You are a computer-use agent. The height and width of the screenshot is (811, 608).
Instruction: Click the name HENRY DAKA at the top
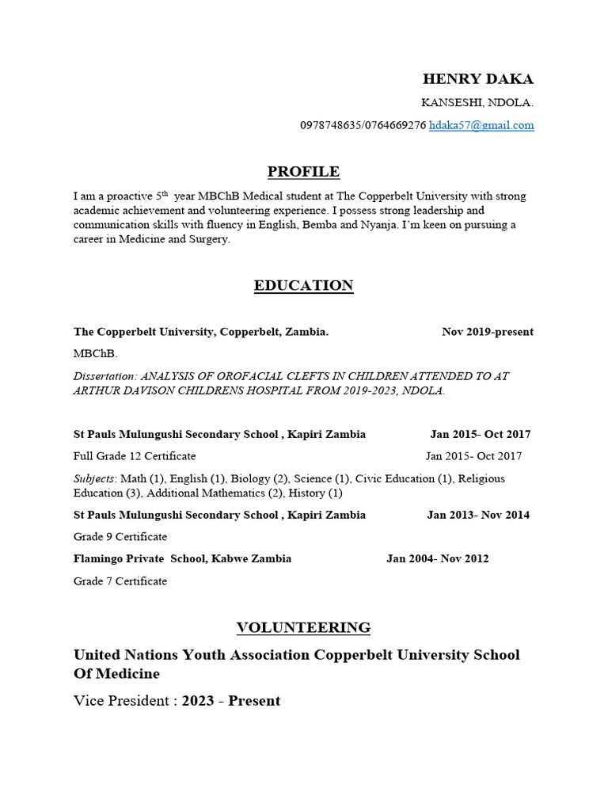point(477,79)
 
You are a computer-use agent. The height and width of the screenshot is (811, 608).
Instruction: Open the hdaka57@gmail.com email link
point(481,125)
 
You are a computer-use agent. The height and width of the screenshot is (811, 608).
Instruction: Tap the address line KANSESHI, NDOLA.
point(477,103)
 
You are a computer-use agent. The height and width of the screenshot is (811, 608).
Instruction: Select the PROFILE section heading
point(303,172)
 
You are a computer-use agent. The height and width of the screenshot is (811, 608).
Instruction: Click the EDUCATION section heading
point(303,286)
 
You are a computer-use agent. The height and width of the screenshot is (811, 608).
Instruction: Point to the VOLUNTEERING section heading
point(303,628)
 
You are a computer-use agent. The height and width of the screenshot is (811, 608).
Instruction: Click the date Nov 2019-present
point(487,332)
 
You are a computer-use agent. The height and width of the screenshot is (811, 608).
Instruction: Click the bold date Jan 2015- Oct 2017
point(480,434)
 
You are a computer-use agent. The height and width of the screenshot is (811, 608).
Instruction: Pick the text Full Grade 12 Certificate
point(135,456)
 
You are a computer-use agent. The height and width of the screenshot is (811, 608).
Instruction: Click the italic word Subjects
point(93,478)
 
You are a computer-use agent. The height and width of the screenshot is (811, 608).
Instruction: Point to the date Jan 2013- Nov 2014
point(478,515)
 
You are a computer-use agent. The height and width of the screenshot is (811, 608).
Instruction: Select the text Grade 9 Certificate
point(120,537)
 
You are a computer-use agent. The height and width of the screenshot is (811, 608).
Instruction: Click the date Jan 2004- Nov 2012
point(437,558)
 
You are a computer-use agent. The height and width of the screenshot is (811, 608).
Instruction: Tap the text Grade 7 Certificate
point(120,581)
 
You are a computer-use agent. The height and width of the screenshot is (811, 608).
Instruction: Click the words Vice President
point(120,701)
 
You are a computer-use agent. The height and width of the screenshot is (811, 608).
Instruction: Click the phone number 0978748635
point(330,125)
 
